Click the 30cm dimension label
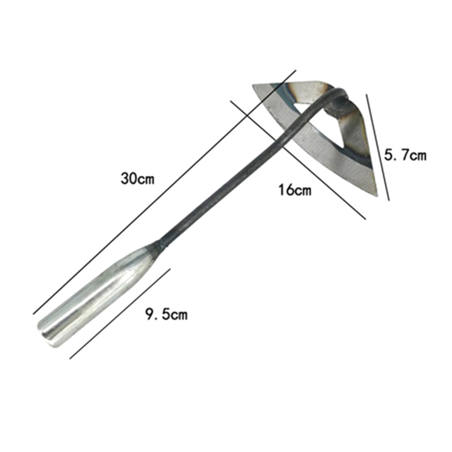(138, 179)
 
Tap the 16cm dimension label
(295, 190)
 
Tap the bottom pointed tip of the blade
(377, 195)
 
